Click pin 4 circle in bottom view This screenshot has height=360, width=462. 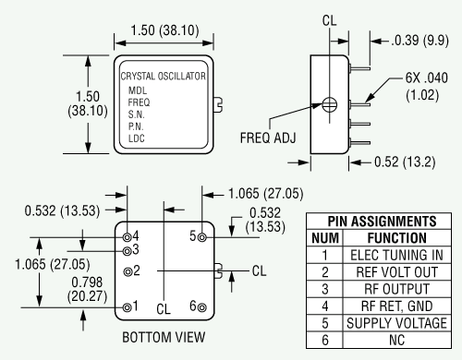click(x=127, y=237)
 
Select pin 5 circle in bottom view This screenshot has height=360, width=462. click(x=202, y=237)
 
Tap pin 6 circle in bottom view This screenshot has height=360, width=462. click(x=202, y=307)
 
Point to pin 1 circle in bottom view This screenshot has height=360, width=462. click(x=127, y=307)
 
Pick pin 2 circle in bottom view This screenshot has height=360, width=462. click(x=128, y=271)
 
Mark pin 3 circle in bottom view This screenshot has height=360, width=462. click(x=127, y=251)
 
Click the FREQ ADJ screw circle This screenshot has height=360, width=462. click(x=330, y=105)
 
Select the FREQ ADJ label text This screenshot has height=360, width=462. click(x=268, y=138)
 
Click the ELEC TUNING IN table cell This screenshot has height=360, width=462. click(x=396, y=255)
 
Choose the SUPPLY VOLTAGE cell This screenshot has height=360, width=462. click(x=396, y=323)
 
